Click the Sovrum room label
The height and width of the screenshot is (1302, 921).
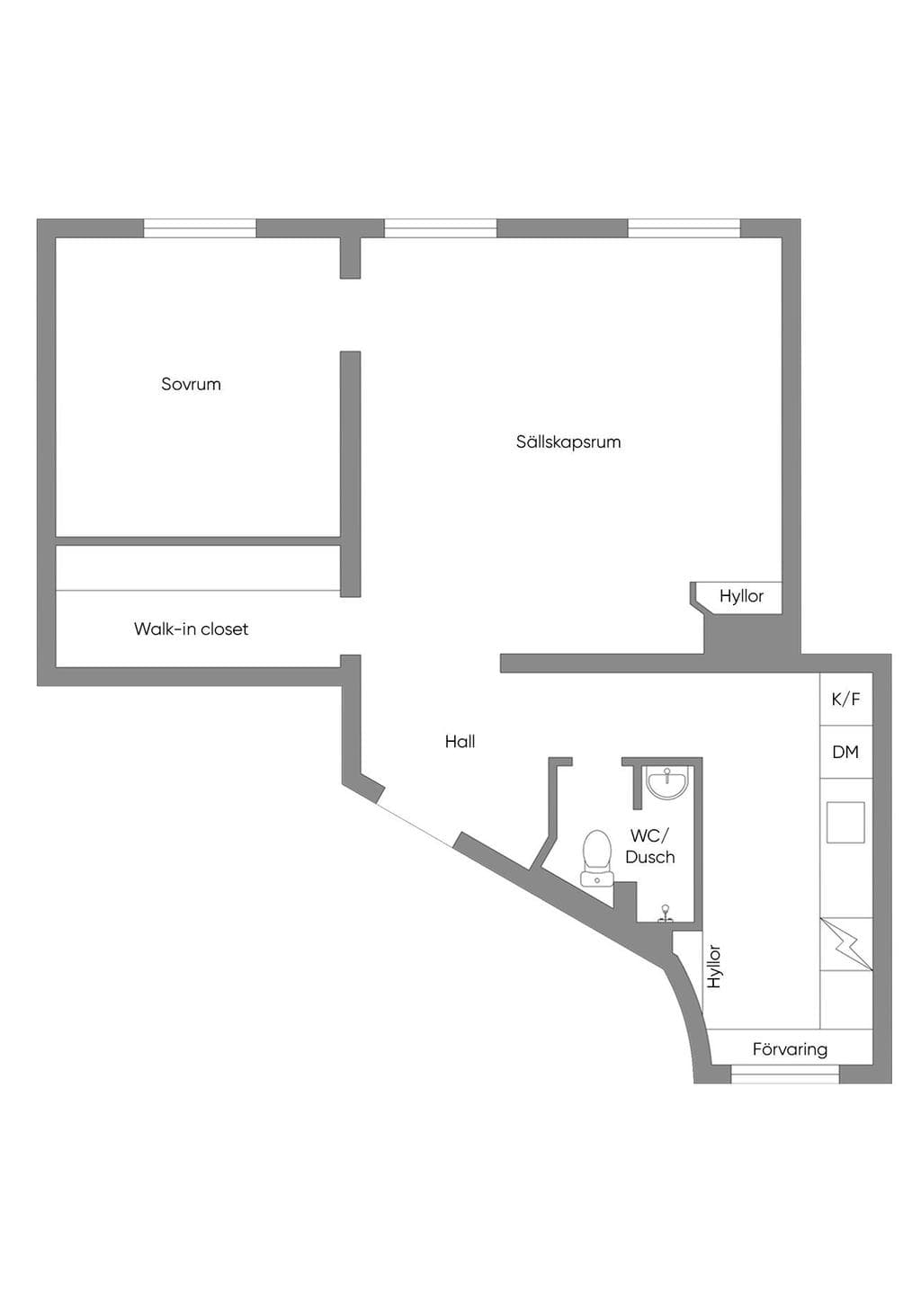click(x=191, y=384)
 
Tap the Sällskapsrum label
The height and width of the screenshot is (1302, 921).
click(x=568, y=441)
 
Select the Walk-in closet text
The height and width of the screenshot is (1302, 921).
click(x=191, y=629)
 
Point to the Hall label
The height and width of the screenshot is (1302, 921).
click(x=460, y=741)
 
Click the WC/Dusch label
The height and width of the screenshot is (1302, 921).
click(x=650, y=846)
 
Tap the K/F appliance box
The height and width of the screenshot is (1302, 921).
click(x=846, y=699)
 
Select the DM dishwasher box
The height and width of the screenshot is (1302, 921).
click(x=846, y=752)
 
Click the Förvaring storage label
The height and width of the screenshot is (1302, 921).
click(x=790, y=1049)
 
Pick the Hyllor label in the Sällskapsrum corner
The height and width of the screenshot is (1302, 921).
click(x=741, y=596)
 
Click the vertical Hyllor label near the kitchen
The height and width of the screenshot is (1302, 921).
click(x=714, y=966)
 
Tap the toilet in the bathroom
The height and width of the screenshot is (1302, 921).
click(x=596, y=859)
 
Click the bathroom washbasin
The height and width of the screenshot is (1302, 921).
click(x=668, y=781)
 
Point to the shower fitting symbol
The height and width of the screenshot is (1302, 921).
click(x=666, y=914)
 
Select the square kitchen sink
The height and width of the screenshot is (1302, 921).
click(x=845, y=823)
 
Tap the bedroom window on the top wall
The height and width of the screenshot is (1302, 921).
click(x=200, y=228)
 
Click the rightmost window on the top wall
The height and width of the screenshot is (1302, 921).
click(x=684, y=228)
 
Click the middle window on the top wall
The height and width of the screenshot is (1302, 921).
click(x=440, y=228)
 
